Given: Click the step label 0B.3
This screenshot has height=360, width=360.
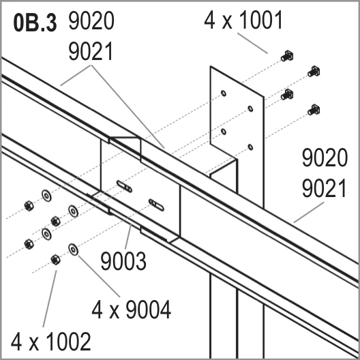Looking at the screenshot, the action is [35, 23].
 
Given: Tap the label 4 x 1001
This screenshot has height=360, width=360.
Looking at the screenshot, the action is [243, 20].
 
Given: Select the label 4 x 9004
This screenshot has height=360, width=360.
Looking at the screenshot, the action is [132, 310].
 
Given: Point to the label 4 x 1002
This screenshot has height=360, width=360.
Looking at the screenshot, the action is [50, 342].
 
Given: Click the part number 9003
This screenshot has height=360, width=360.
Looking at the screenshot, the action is [123, 261].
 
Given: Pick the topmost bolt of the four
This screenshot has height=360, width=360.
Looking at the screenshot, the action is [287, 56].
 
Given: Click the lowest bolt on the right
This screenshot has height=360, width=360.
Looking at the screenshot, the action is [314, 110].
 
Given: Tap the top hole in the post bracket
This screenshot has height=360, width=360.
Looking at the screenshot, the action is [224, 93].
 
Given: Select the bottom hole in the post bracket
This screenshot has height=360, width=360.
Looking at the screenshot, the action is [250, 147].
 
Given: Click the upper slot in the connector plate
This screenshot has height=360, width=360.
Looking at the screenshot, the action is [124, 186].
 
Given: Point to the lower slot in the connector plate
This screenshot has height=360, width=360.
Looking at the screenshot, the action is [156, 205].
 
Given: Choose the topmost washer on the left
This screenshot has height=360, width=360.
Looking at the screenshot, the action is [46, 196].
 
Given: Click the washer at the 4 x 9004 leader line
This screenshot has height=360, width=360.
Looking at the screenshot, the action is [73, 250].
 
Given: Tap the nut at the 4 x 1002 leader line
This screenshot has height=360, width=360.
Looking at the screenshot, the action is [55, 260].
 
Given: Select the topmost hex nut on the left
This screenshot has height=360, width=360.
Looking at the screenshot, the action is [29, 205].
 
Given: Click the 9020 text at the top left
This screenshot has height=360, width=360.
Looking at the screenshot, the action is [91, 21].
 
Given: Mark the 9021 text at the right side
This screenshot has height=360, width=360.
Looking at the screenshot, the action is [324, 188].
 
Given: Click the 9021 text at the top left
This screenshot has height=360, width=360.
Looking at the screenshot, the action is [91, 51].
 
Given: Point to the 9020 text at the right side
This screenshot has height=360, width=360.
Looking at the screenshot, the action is [325, 157].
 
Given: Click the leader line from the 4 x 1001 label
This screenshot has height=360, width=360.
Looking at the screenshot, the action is [252, 43].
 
